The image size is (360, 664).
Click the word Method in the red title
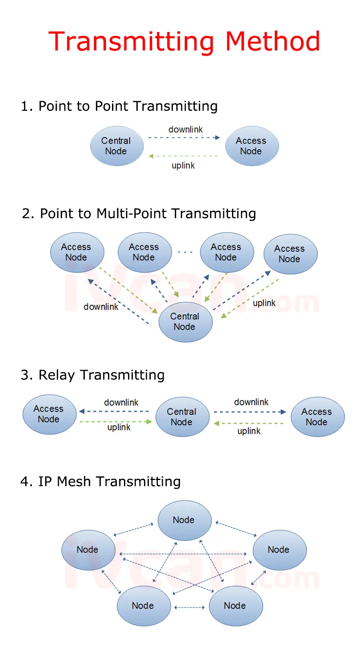[272, 41]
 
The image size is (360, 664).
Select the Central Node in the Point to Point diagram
[116, 146]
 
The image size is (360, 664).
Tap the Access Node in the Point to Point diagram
[252, 146]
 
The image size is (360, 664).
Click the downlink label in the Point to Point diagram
[185, 129]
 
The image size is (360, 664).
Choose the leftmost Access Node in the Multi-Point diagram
[77, 252]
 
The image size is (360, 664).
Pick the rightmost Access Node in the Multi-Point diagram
[290, 254]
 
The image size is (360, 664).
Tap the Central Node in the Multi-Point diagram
[185, 322]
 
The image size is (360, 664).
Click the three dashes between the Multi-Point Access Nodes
[185, 252]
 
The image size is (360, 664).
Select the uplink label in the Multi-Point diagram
[264, 303]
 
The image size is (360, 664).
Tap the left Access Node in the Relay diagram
[49, 414]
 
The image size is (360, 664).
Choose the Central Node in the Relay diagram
[182, 417]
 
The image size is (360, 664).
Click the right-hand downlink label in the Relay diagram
[251, 402]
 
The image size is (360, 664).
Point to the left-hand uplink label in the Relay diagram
[119, 427]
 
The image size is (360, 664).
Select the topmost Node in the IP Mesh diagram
[184, 520]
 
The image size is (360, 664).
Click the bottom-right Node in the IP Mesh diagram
[236, 606]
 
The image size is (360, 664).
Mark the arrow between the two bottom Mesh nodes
[190, 607]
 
